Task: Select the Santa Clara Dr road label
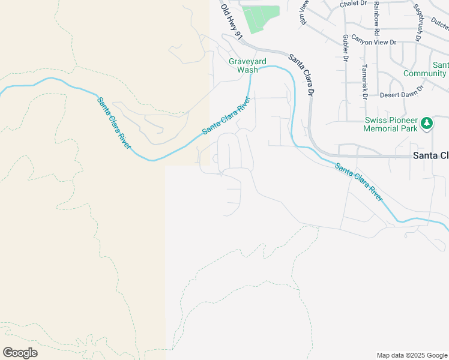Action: (x=303, y=75)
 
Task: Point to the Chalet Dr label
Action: (x=353, y=4)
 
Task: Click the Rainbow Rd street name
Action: (x=376, y=18)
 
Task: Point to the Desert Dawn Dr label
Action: (x=402, y=91)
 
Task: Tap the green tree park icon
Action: (x=427, y=123)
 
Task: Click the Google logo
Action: (x=20, y=352)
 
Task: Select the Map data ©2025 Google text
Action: (x=411, y=355)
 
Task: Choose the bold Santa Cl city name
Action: (x=431, y=155)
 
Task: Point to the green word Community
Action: (x=424, y=73)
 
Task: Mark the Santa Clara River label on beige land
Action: (x=113, y=124)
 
